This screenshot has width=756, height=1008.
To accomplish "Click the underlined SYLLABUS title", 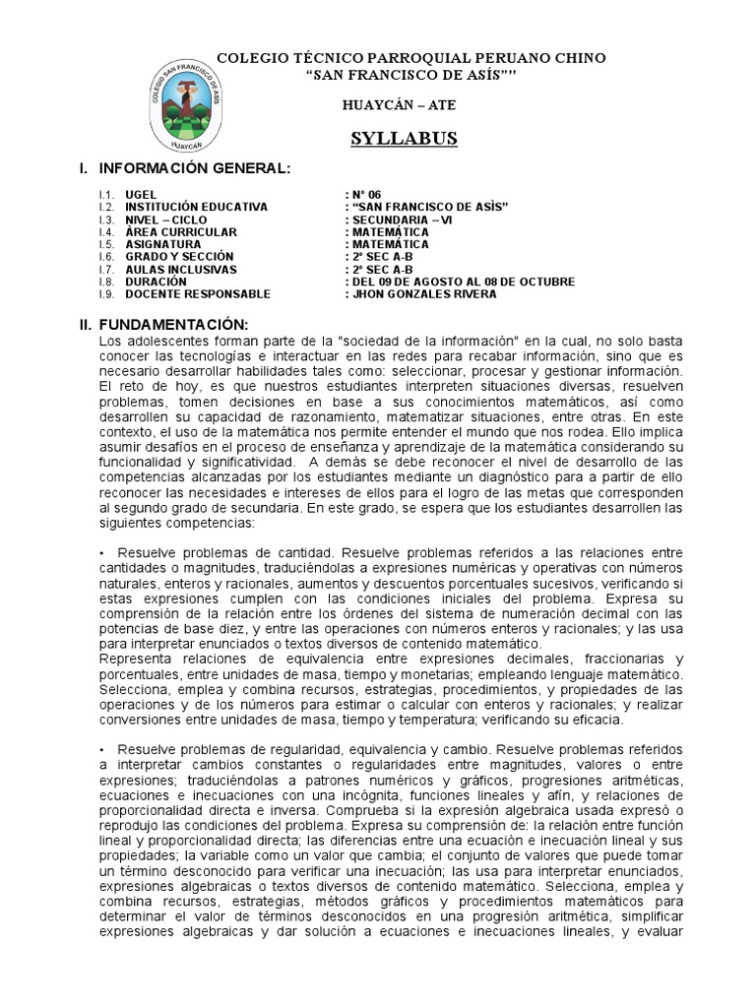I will coord(405,139).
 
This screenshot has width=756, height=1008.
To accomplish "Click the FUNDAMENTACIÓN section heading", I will coord(177,325).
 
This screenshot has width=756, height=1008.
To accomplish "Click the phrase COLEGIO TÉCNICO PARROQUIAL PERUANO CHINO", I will coord(411,59).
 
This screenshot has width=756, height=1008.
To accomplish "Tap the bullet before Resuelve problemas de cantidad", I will coord(101,554).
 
